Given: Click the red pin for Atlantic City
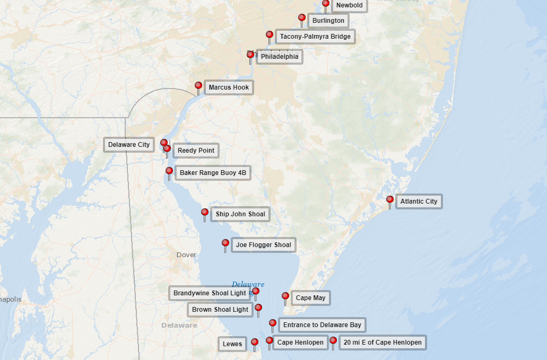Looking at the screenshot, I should click(x=390, y=200).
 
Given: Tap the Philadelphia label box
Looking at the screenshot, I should click(x=280, y=57).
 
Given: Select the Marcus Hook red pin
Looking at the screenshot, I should click(x=198, y=85).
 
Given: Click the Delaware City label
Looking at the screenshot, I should click(x=129, y=145).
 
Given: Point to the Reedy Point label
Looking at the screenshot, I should click(x=196, y=151).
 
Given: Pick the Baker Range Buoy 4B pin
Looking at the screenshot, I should click(x=169, y=171).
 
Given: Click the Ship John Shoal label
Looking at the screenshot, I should click(x=240, y=214).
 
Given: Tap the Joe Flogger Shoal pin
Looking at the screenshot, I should click(x=225, y=243).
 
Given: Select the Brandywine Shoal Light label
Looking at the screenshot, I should click(x=210, y=293).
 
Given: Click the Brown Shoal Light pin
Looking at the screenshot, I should click(x=258, y=308).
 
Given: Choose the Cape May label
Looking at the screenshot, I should click(x=310, y=298).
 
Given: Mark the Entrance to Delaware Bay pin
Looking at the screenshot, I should click(x=273, y=323).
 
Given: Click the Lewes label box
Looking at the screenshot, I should click(x=232, y=344).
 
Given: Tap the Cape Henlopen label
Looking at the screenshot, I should click(x=300, y=343).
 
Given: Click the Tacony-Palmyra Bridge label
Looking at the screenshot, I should click(x=315, y=37).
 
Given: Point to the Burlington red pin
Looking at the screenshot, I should click(x=302, y=18).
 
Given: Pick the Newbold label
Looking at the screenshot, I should click(x=350, y=5).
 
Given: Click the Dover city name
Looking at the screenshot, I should click(x=186, y=255).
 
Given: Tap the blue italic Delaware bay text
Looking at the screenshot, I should click(x=248, y=285).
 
